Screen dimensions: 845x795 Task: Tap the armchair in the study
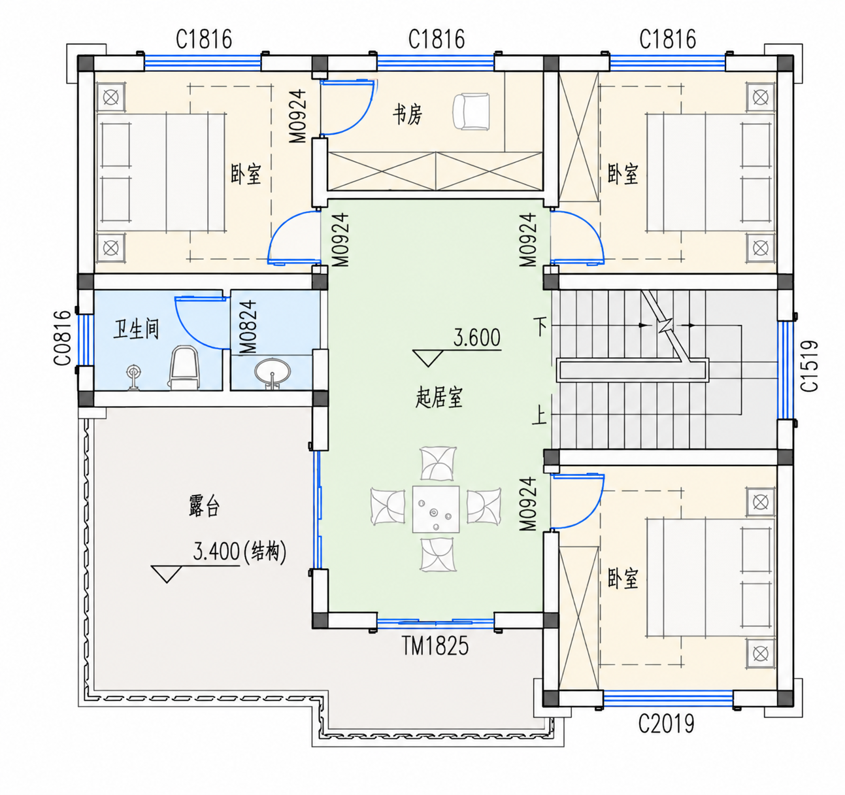pos(471,111)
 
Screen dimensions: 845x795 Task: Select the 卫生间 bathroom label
pos(136,329)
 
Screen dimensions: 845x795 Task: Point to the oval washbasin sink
pos(273,371)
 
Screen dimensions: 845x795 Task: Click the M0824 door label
pos(248,327)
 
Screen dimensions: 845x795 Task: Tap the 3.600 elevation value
pos(476,337)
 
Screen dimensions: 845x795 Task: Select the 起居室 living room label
pos(439,397)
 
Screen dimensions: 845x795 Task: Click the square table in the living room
pos(436,509)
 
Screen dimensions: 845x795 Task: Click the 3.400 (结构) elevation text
pos(240,551)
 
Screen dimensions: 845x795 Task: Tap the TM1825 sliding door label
pos(435,645)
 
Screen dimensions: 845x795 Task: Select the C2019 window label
pos(667,723)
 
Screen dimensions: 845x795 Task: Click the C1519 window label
pos(809,365)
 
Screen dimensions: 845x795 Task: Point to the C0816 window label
pos(62,338)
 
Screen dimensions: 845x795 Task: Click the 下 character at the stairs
pos(540,326)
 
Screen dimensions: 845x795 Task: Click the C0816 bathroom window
pos(86,340)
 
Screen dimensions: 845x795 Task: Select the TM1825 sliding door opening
pos(435,624)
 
